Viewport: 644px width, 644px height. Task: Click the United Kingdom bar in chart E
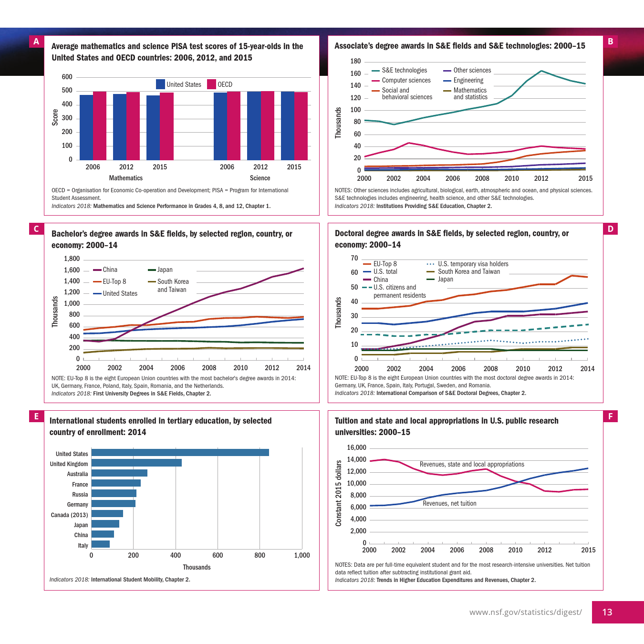pyautogui.click(x=136, y=463)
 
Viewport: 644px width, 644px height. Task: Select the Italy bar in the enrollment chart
pyautogui.click(x=101, y=544)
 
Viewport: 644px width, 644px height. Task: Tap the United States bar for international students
pyautogui.click(x=180, y=453)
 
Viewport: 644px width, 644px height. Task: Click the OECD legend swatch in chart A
pyautogui.click(x=211, y=84)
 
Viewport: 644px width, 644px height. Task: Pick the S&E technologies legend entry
pyautogui.click(x=404, y=71)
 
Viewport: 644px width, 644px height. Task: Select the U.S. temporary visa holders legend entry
pyautogui.click(x=473, y=264)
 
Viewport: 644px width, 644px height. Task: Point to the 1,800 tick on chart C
pyautogui.click(x=72, y=259)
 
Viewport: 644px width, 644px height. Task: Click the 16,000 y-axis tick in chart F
pyautogui.click(x=356, y=448)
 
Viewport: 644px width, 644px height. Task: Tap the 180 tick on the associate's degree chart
pyautogui.click(x=355, y=62)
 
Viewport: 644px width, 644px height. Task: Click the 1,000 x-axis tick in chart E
pyautogui.click(x=302, y=555)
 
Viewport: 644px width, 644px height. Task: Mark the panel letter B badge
pyautogui.click(x=611, y=42)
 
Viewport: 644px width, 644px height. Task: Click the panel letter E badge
pyautogui.click(x=36, y=416)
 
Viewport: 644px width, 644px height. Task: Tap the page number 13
pyautogui.click(x=607, y=612)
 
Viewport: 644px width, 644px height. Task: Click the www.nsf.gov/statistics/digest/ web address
pyautogui.click(x=525, y=612)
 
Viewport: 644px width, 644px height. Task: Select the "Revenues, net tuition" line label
pyautogui.click(x=449, y=504)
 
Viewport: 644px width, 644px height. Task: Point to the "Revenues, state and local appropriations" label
pyautogui.click(x=472, y=465)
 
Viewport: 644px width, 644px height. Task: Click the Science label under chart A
pyautogui.click(x=260, y=178)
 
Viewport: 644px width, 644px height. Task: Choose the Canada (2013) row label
pyautogui.click(x=70, y=515)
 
